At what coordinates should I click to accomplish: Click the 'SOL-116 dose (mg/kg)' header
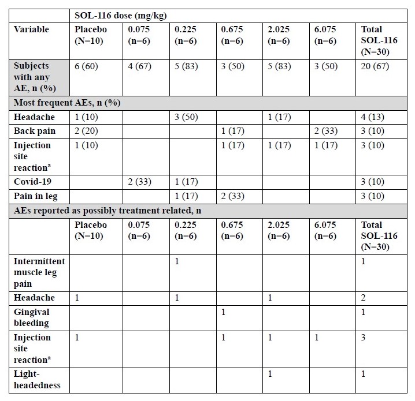click(121, 14)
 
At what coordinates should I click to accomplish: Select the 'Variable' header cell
click(31, 29)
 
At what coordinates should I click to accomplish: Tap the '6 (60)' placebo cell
click(87, 66)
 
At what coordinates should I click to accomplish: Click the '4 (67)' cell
click(140, 66)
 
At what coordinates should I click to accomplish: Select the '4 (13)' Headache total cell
click(372, 117)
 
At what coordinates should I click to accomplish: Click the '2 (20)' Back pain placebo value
click(87, 131)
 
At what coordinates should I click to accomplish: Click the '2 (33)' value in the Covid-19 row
click(140, 182)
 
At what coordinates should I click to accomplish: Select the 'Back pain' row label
click(34, 131)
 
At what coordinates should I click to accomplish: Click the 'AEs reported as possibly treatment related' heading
click(108, 211)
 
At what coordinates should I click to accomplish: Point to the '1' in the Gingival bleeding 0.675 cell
click(223, 312)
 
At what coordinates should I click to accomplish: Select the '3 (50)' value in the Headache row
click(186, 117)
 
